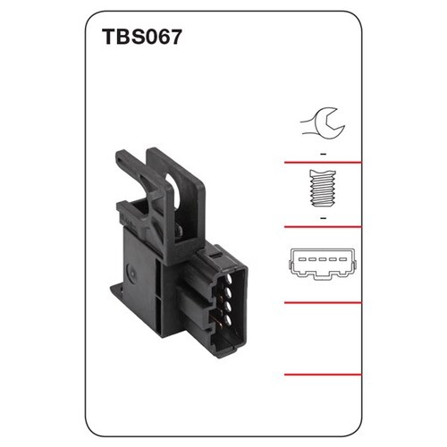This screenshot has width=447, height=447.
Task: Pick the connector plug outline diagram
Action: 322,262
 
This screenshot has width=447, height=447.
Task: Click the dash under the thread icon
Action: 322,215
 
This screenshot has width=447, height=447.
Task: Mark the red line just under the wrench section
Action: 322,163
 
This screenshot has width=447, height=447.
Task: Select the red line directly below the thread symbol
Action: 322,227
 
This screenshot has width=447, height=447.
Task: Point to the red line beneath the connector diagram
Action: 322,303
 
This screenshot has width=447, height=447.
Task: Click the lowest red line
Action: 322,375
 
